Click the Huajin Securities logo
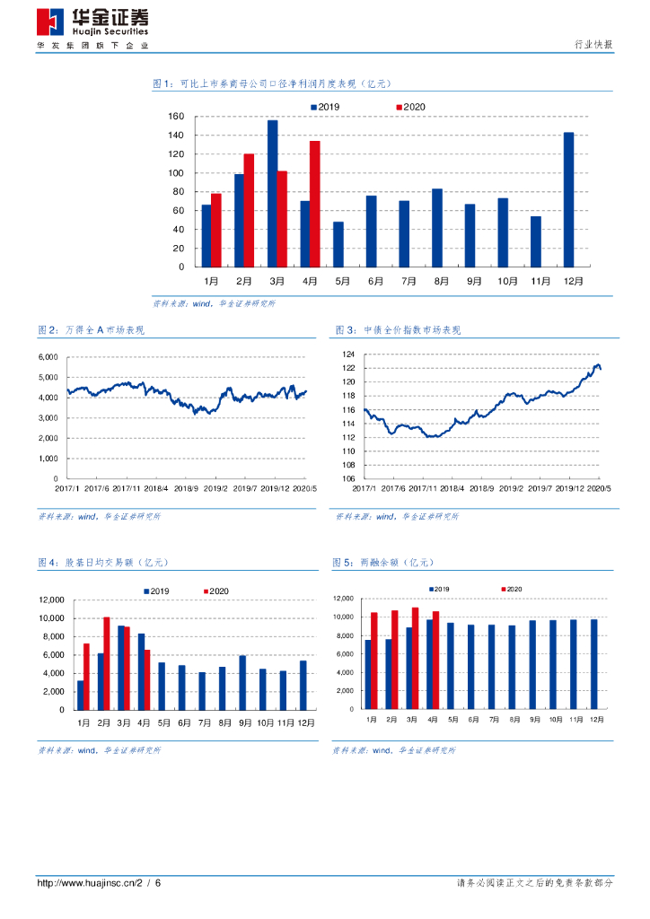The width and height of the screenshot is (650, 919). click(92, 25)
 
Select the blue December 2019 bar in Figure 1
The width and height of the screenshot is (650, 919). click(568, 199)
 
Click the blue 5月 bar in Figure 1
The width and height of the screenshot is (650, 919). click(338, 244)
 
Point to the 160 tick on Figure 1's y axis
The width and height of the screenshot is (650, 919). click(176, 117)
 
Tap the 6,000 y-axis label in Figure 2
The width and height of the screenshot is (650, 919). click(48, 357)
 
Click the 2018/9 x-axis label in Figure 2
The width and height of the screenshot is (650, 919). click(186, 488)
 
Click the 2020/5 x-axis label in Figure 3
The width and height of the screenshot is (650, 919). click(600, 488)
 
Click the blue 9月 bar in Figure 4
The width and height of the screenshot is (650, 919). click(242, 682)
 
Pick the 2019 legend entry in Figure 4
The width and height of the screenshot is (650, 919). click(156, 591)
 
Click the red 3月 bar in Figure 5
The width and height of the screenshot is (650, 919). click(415, 658)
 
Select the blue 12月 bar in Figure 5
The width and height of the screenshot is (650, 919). click(593, 663)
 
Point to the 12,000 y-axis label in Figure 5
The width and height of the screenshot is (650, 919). click(346, 598)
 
